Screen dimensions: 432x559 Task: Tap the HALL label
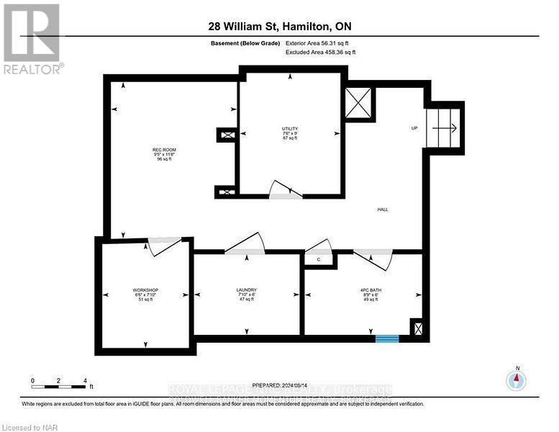tap(383, 210)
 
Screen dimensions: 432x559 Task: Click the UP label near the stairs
tap(414, 129)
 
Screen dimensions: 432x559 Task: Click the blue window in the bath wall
tap(387, 337)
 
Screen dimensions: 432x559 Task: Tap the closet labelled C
tap(318, 259)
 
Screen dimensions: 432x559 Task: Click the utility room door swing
tap(286, 190)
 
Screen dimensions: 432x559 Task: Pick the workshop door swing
tap(165, 245)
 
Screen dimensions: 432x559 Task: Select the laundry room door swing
tap(245, 245)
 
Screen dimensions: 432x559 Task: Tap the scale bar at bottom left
tap(59, 380)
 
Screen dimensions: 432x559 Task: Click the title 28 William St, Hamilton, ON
tap(279, 27)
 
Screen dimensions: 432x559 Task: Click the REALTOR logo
tap(32, 40)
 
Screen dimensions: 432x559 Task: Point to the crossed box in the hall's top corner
tap(359, 102)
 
